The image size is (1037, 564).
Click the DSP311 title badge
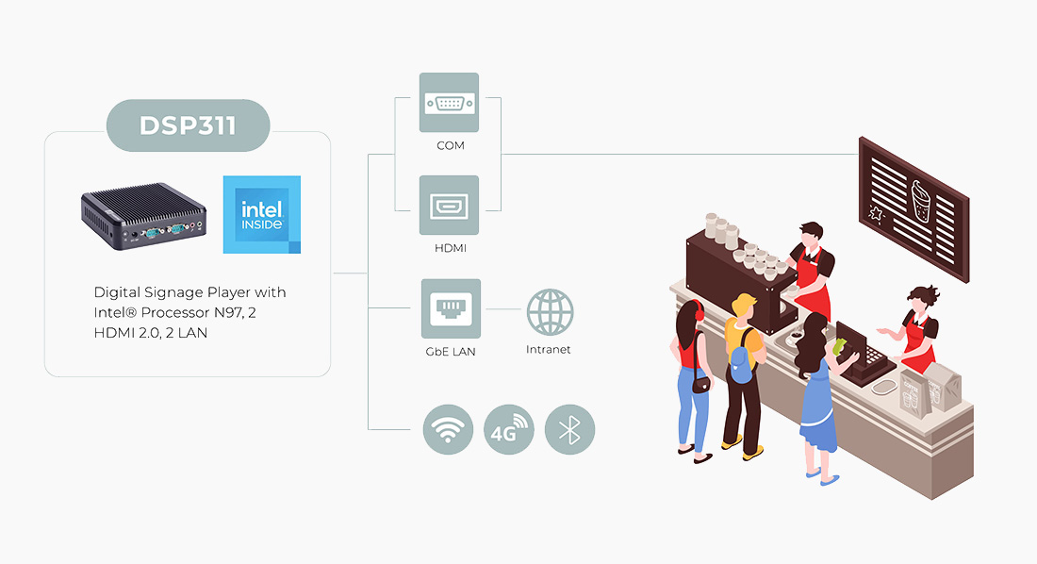(188, 125)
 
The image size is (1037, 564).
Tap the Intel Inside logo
(262, 214)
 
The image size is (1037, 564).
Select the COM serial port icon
(449, 103)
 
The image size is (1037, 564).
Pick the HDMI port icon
(449, 205)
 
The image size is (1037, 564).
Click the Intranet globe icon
(550, 312)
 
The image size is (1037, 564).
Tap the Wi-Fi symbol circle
(448, 430)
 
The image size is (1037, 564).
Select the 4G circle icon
(509, 430)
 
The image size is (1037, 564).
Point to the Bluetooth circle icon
(569, 430)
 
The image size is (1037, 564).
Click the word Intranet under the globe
(549, 350)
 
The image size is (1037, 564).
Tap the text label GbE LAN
(451, 352)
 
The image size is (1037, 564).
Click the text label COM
(450, 146)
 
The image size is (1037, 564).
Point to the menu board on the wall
(913, 207)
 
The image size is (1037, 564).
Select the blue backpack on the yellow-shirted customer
(741, 362)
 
